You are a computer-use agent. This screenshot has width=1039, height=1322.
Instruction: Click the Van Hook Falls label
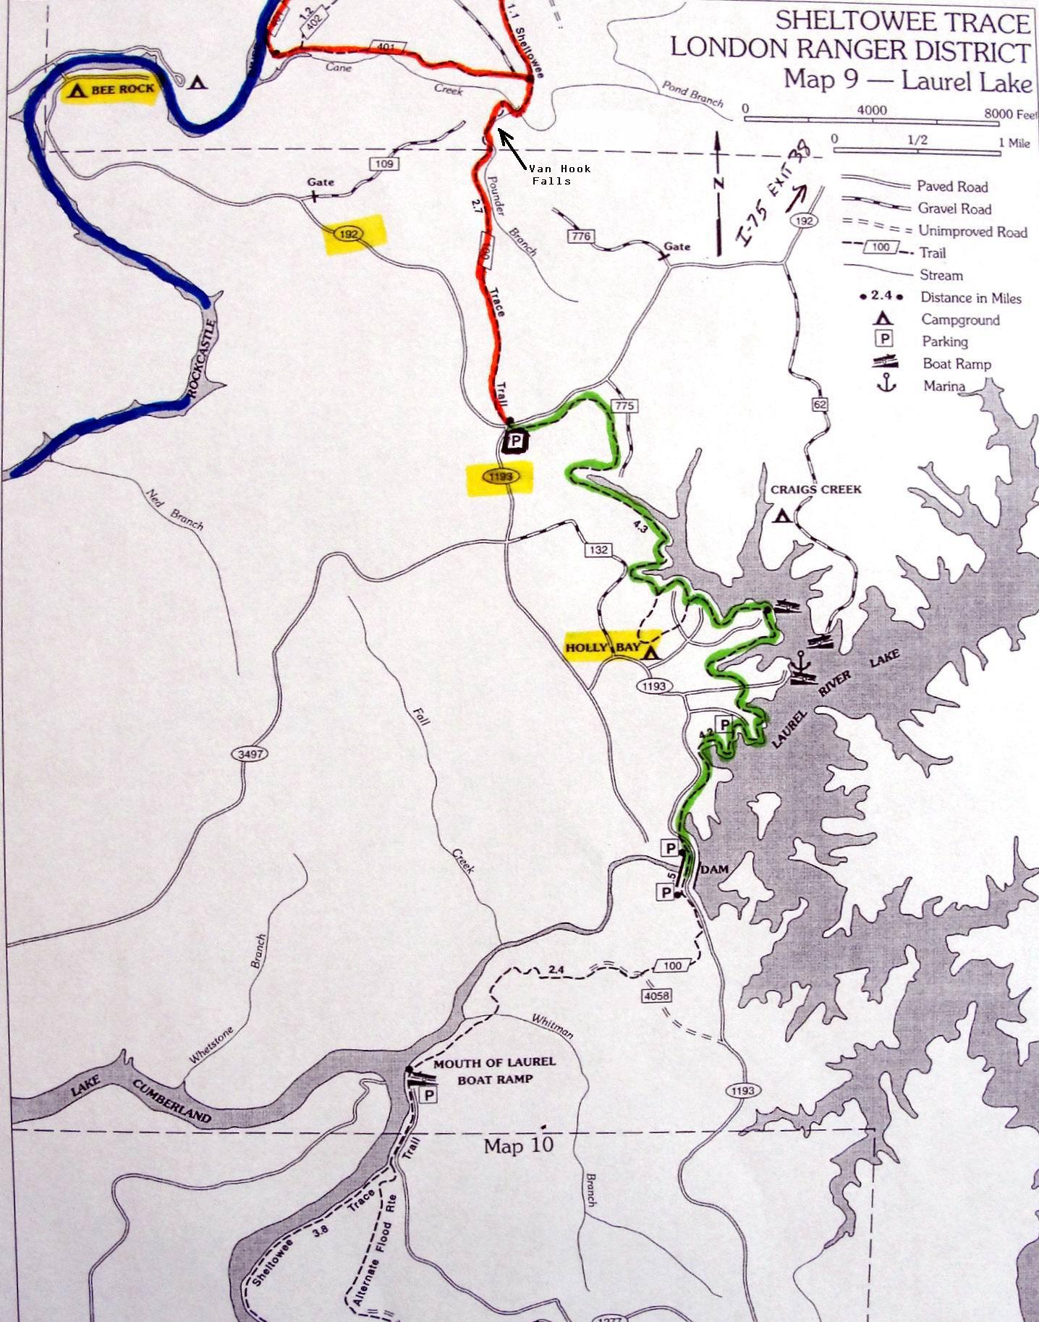(x=559, y=174)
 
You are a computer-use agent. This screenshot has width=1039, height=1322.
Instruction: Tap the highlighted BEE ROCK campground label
(x=111, y=90)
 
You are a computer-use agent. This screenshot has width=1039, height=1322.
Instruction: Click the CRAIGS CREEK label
(x=815, y=490)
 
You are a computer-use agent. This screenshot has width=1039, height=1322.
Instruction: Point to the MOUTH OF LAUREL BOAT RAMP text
(x=494, y=1070)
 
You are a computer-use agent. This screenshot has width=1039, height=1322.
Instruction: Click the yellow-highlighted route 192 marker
(x=355, y=234)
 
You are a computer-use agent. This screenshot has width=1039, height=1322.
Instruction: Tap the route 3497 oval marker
(x=249, y=754)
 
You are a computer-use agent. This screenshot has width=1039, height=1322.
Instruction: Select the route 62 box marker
(x=819, y=405)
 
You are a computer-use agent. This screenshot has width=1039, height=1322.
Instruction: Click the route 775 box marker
(x=624, y=406)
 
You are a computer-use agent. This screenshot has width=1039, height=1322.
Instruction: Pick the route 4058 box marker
(x=656, y=996)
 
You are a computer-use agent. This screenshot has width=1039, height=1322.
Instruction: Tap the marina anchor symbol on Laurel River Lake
(x=800, y=662)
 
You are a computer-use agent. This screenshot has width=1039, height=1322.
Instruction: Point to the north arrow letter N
(x=718, y=184)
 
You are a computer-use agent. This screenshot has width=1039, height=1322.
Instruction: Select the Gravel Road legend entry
(x=954, y=208)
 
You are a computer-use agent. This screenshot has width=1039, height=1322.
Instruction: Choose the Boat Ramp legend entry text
(x=957, y=364)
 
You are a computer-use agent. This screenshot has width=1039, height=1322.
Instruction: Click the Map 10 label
(x=518, y=1146)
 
